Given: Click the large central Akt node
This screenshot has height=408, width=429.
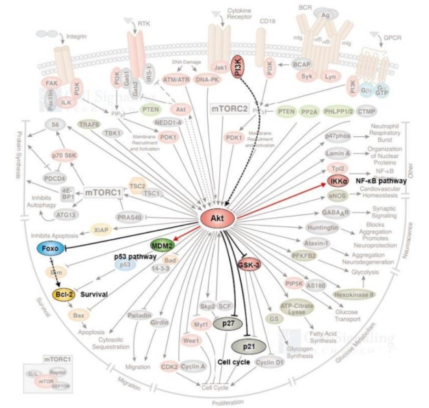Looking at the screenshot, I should [x=218, y=219].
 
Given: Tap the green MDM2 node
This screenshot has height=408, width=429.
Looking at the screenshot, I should [x=161, y=245].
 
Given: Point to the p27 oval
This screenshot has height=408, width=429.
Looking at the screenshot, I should [x=226, y=325].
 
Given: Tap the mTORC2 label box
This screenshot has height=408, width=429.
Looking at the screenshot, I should [x=230, y=109].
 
